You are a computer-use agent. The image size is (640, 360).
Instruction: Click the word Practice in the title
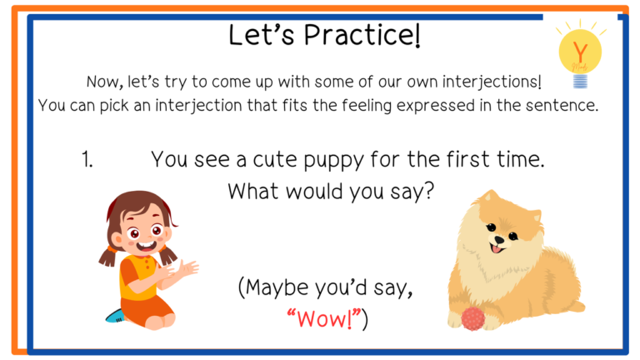coord(362,35)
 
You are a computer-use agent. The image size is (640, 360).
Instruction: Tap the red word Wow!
coord(324,319)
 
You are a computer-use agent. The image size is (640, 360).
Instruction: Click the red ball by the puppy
coord(473,319)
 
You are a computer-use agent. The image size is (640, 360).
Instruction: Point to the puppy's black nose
coord(498,240)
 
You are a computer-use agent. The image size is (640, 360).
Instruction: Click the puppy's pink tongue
coord(496,248)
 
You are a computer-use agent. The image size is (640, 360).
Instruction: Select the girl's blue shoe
coord(115,316)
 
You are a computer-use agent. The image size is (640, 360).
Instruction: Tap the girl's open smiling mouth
coord(146,247)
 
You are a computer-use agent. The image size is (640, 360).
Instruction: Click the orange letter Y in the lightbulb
coord(580,52)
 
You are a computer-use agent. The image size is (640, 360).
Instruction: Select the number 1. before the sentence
coord(87,159)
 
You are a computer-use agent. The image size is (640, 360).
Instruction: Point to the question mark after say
coord(429,191)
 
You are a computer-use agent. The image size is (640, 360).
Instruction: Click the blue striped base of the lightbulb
coord(580,81)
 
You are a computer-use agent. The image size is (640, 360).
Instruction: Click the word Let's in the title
coord(261,35)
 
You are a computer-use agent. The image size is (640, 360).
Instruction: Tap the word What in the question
coord(253,191)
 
